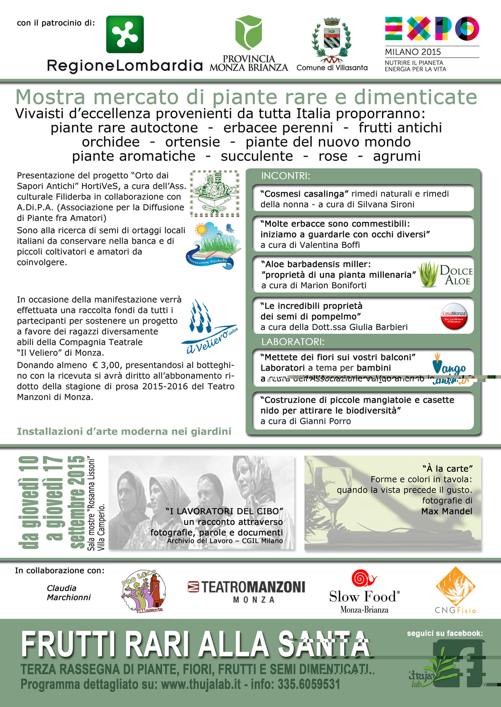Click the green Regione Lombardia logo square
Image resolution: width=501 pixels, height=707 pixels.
click(125, 34)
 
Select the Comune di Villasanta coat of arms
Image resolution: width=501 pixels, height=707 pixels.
click(331, 40)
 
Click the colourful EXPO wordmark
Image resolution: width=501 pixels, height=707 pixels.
click(432, 28)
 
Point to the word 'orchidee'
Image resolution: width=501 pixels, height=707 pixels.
click(111, 142)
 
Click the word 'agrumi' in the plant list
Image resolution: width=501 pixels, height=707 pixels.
click(397, 156)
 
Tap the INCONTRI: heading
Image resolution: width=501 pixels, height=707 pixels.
click(286, 176)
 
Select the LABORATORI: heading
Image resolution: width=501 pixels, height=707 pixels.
click(293, 341)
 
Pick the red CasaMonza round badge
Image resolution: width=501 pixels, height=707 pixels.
click(454, 316)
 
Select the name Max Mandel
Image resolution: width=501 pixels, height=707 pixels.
click(446, 511)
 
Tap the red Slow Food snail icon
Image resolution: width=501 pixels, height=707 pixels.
click(363, 579)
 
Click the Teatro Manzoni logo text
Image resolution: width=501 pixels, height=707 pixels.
click(246, 587)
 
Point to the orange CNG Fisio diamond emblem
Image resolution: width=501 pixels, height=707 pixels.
click(455, 586)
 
